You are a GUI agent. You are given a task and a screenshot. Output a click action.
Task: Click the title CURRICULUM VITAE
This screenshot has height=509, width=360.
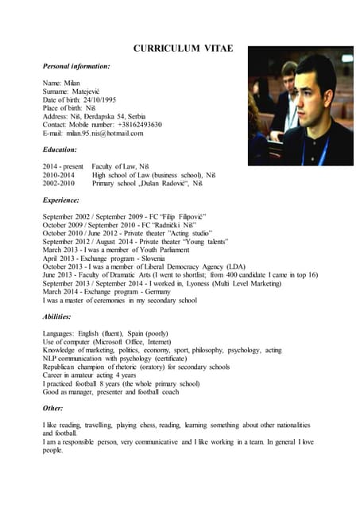183,49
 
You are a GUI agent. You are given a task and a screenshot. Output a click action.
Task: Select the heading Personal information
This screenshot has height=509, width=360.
76,66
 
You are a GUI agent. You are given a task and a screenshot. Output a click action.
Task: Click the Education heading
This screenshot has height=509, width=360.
60,150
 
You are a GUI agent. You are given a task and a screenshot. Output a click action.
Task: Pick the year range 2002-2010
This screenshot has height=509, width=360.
60,184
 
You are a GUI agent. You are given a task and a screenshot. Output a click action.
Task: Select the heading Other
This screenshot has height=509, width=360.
54,409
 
